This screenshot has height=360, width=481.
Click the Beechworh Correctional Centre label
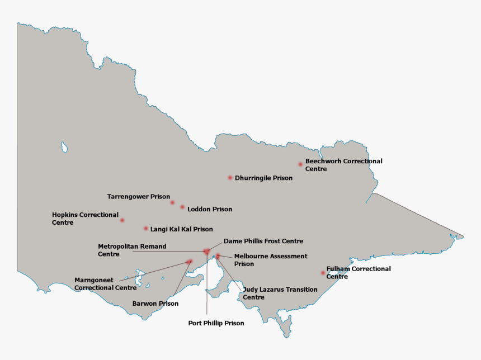point(343,165)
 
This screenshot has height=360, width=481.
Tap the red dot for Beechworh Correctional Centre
point(300,164)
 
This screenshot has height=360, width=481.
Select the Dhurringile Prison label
point(263,178)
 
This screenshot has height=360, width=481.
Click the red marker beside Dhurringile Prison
point(230,178)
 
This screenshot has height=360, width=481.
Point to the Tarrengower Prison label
point(138,197)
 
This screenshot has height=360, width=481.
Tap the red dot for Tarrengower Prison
point(172,202)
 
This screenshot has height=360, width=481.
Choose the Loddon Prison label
point(210,209)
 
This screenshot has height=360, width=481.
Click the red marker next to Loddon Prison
point(182,207)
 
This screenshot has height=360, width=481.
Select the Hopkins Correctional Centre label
point(85,219)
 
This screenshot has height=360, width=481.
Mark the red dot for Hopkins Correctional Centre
point(122,220)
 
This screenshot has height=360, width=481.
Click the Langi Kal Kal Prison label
point(181,229)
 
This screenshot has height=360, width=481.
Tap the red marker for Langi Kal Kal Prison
point(146,228)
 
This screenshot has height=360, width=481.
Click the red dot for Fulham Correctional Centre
point(323,273)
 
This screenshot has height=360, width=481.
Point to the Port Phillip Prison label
point(216,323)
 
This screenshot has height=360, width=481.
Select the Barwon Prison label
point(155,304)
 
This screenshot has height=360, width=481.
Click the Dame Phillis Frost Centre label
point(263,241)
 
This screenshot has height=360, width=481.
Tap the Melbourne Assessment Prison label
point(271,260)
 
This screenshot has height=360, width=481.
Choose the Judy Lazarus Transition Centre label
point(280,293)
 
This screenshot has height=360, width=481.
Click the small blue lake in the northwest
point(64,147)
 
